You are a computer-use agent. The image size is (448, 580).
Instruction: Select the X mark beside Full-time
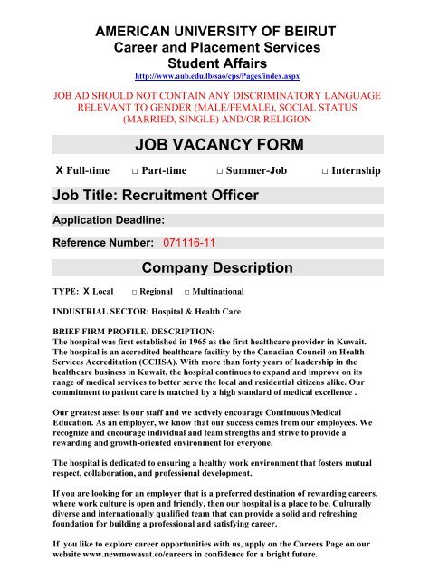tap(33, 170)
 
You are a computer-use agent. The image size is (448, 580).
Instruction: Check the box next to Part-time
tap(134, 171)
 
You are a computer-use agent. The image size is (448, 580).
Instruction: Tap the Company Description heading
tap(217, 267)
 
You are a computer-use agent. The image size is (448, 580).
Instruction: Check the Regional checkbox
tap(134, 294)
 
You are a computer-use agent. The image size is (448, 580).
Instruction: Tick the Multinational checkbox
tap(186, 294)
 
